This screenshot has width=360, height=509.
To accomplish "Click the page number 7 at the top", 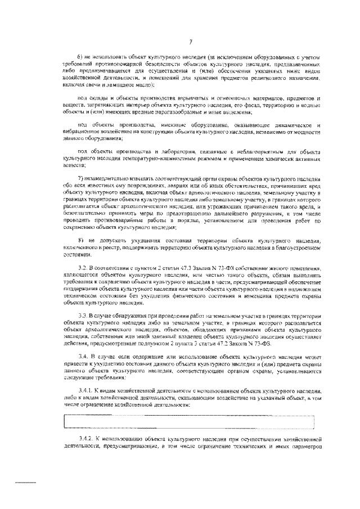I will coord(191,41).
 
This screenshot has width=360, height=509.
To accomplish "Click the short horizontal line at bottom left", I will coord(25,482).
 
